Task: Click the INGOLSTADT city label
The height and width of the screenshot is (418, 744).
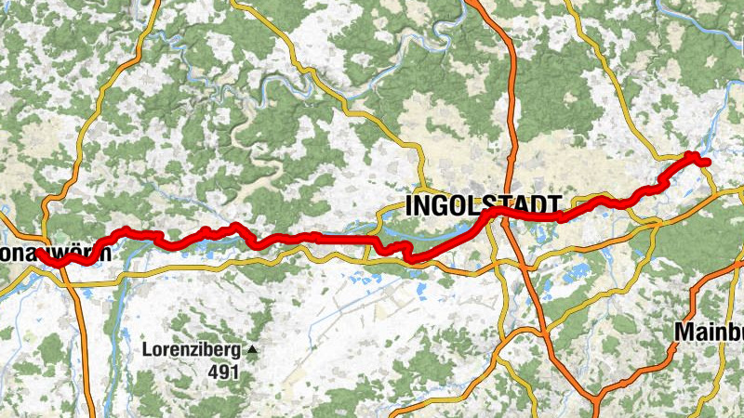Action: coord(484,205)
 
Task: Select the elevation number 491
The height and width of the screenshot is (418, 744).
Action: coord(225,372)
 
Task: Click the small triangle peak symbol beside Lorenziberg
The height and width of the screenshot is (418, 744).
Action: coord(251,351)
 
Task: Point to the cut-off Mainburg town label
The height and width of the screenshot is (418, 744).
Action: coord(709,332)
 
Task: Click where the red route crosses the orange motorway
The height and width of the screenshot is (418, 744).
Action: coord(509,213)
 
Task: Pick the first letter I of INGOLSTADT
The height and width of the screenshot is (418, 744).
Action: coord(411,205)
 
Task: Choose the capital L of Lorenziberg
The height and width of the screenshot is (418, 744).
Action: coord(147,351)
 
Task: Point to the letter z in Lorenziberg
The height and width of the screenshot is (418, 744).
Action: coord(192,351)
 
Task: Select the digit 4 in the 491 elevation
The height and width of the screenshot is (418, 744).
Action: coord(215,372)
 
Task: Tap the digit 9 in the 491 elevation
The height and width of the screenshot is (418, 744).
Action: coord(225,372)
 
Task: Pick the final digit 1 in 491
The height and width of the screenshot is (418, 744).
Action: coord(235,372)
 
